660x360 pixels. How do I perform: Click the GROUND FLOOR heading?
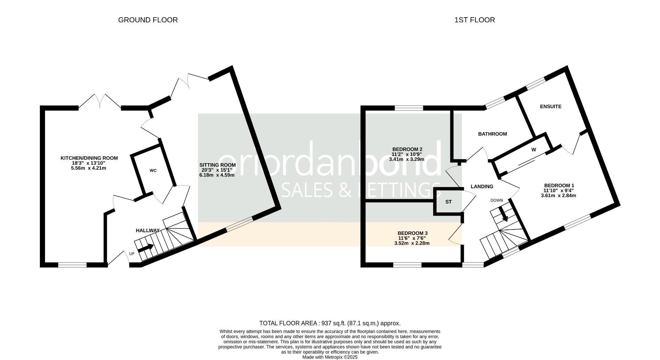148,20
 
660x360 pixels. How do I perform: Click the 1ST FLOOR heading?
474,20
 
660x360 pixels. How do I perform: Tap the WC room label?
153,171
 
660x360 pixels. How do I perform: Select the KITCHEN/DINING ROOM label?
89,158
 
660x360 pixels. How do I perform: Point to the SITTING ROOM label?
218,165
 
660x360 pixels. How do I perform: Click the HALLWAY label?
147,230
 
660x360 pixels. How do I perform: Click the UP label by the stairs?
132,254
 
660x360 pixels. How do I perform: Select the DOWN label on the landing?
496,200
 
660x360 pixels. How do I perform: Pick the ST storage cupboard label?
448,202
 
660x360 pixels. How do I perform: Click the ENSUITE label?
550,106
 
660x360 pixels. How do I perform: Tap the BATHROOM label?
492,134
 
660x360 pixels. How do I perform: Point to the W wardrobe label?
533,150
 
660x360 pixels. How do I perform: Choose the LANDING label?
482,187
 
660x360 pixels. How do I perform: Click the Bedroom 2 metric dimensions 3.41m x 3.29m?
406,159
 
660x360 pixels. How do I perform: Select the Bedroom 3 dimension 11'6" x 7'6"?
412,238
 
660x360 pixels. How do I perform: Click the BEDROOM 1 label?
558,185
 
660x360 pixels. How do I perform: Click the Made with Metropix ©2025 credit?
330,357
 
